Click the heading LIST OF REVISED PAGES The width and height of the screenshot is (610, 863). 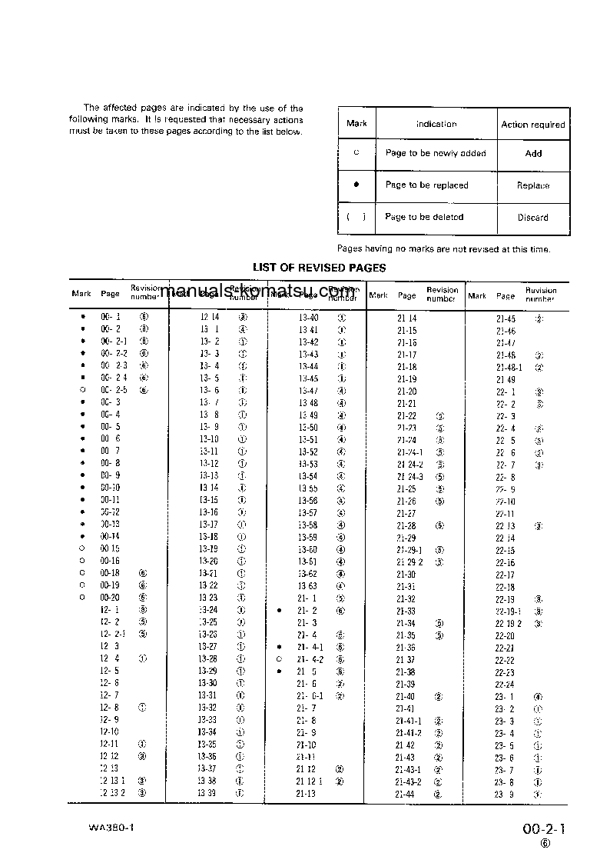click(x=319, y=268)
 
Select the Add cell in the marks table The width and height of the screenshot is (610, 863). click(x=533, y=153)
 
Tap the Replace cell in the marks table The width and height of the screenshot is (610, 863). click(x=533, y=185)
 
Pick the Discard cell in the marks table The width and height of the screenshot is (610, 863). click(x=533, y=217)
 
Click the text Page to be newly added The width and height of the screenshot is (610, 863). click(x=436, y=153)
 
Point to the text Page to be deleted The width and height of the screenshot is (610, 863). click(x=424, y=217)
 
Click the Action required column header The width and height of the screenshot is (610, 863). click(x=533, y=124)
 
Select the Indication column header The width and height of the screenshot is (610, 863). click(x=436, y=124)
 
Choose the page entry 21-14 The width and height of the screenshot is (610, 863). click(x=407, y=318)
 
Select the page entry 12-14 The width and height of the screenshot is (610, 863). click(x=209, y=317)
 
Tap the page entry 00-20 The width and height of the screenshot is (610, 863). click(x=110, y=598)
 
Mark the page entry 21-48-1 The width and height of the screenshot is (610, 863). click(x=509, y=367)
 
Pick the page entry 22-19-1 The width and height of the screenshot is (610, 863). click(x=509, y=611)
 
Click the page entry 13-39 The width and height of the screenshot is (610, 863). click(x=208, y=793)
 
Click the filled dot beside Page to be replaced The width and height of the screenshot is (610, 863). click(x=356, y=185)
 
